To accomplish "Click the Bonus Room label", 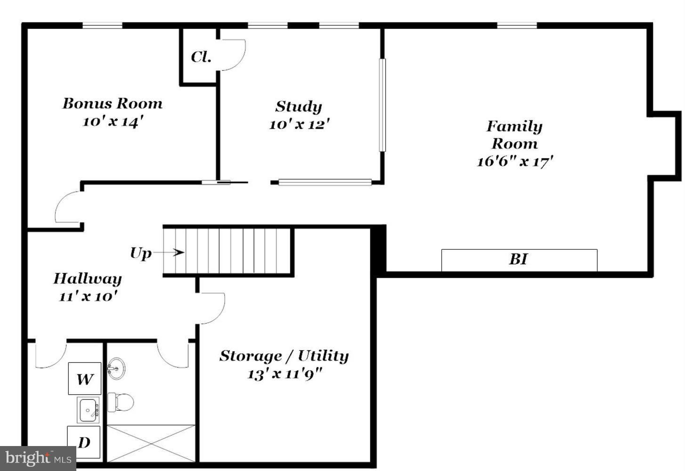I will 112,104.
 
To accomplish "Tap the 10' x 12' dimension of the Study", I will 299,125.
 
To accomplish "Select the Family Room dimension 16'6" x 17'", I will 514,162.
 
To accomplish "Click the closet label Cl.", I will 201,57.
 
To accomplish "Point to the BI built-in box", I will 519,260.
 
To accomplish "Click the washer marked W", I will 85,379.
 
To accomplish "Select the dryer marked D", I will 84,442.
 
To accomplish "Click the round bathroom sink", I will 116,368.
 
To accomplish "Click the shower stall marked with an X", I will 151,443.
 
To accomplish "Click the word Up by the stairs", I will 140,253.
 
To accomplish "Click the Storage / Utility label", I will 284,356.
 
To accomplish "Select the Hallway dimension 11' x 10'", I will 88,297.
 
